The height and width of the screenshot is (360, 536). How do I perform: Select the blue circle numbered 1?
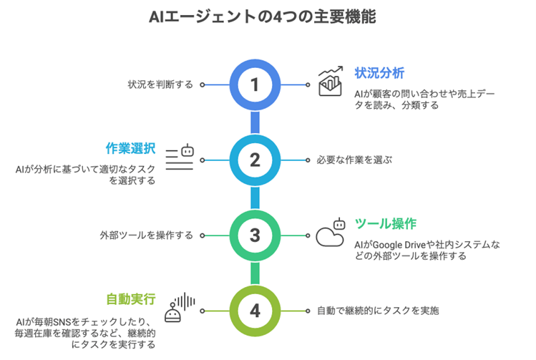pos(253,84)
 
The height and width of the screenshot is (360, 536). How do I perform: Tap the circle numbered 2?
pos(253,160)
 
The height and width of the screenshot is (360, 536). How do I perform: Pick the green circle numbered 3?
pos(253,235)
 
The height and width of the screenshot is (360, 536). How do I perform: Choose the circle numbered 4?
pos(253,311)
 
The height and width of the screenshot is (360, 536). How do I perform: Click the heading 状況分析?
pos(379,72)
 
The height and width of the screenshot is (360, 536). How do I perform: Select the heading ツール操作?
pos(386,224)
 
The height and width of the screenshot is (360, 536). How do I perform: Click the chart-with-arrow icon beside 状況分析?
pos(331,82)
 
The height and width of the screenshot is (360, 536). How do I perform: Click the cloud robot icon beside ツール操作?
pos(331,233)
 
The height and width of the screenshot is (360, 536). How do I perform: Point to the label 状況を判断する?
pos(160,84)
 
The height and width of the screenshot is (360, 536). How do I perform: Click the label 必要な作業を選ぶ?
pos(354,160)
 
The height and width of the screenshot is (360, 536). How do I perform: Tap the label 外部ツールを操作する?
pos(147,235)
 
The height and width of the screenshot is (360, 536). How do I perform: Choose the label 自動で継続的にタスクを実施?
pos(377,311)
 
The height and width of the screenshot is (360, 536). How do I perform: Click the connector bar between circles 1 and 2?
pos(253,122)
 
